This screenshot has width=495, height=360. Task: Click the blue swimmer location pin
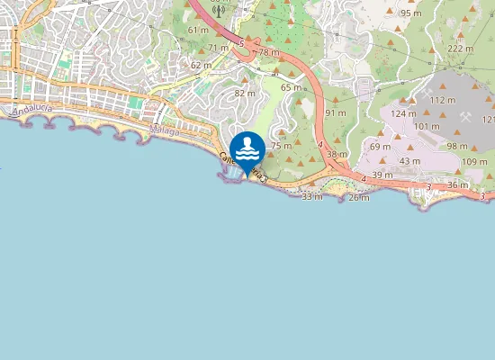coord(247,150)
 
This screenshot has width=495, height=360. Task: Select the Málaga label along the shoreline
coord(165,130)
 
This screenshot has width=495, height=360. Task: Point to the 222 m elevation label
coord(460,49)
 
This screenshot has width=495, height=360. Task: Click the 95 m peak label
coord(410,13)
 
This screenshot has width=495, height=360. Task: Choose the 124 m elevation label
coord(403,113)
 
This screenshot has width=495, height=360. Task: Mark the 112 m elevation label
coord(443,100)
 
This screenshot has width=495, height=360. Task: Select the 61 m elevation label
coord(198,30)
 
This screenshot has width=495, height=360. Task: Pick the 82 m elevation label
coord(245,93)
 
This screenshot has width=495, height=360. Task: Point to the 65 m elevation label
coord(291,87)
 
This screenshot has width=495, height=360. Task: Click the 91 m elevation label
coord(336,112)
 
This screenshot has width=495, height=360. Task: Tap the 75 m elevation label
coord(282,145)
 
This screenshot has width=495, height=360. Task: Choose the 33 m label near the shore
coord(311,195)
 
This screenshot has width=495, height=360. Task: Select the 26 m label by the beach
coord(358,197)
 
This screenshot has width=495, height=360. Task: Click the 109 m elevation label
coord(474,161)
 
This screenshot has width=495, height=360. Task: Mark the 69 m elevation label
coord(380,146)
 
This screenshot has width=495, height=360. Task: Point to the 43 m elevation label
coord(409,161)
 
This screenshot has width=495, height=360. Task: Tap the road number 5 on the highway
coord(241,42)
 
